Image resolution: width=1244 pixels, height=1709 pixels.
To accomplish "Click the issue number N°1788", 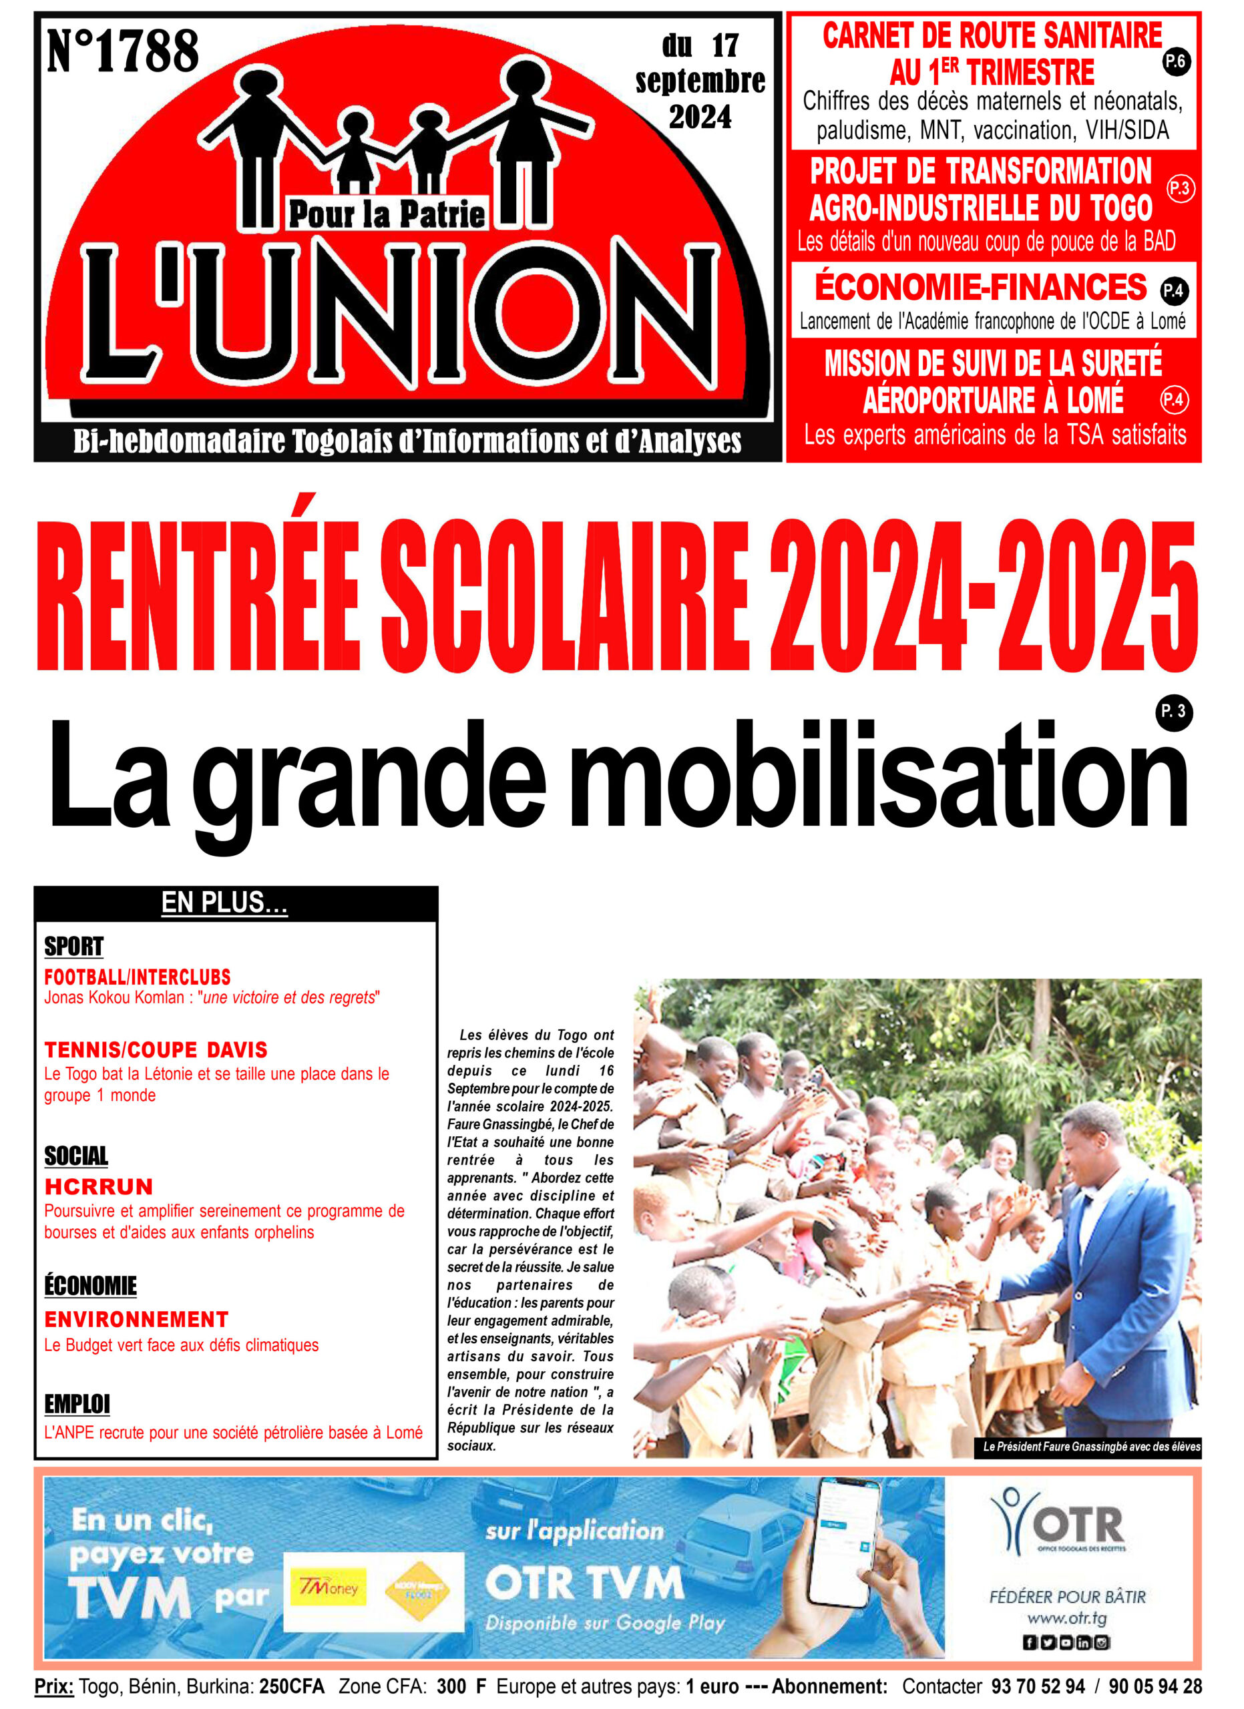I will [123, 51].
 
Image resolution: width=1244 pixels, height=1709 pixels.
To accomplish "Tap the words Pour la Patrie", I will [387, 214].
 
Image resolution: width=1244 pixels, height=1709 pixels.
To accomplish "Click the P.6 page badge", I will [1176, 61].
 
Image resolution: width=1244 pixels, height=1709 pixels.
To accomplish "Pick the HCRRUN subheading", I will [99, 1187].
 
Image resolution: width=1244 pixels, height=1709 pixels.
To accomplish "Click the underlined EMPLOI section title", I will [77, 1404].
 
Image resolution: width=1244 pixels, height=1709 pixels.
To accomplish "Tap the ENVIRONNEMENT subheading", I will [136, 1319].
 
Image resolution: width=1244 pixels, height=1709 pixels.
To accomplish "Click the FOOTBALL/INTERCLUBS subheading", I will [137, 977].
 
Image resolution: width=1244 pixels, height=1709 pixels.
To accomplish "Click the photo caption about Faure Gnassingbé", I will [1091, 1447].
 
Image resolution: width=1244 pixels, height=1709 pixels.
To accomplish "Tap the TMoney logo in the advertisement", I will [329, 1588].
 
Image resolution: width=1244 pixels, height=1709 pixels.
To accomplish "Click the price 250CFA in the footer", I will [292, 1686].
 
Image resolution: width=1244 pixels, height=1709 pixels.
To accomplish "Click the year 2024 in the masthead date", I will [700, 117].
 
